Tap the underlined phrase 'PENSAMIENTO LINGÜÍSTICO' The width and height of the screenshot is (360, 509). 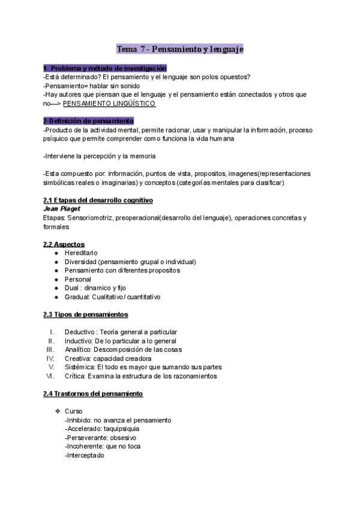point(113,103)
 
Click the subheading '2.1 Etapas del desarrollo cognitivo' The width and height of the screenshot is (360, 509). point(98,200)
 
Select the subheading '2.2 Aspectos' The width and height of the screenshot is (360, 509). point(64,244)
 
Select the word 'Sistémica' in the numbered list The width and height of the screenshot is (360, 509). point(79,367)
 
